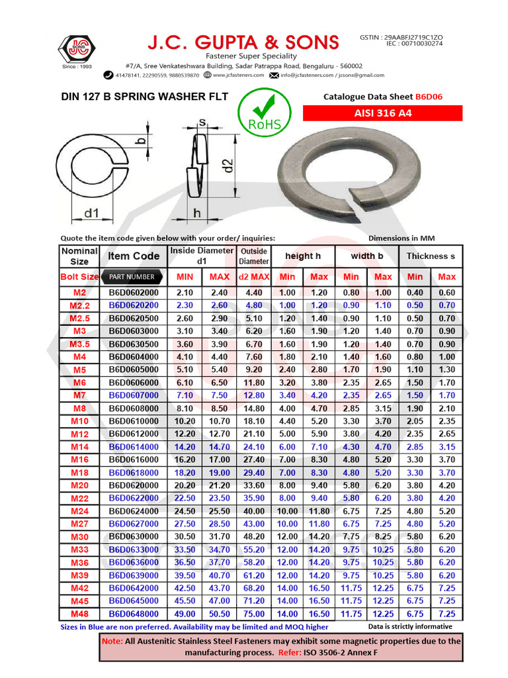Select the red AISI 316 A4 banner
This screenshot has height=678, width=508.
coord(382,113)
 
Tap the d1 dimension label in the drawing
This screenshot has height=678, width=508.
coord(91,214)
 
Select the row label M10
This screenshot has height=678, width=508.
coord(79,421)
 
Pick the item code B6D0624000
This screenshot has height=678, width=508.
coord(134,511)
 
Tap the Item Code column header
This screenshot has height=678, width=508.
coord(134,256)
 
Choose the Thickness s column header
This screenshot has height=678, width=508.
coord(431,256)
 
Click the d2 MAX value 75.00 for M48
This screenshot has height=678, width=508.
coord(254,614)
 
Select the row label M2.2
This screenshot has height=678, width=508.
coord(79,305)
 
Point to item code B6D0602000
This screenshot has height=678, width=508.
coord(134,293)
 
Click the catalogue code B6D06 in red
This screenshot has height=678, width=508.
coord(429,97)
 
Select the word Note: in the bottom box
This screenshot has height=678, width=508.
coord(112,641)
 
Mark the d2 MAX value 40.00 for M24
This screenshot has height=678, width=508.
coord(254,511)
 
